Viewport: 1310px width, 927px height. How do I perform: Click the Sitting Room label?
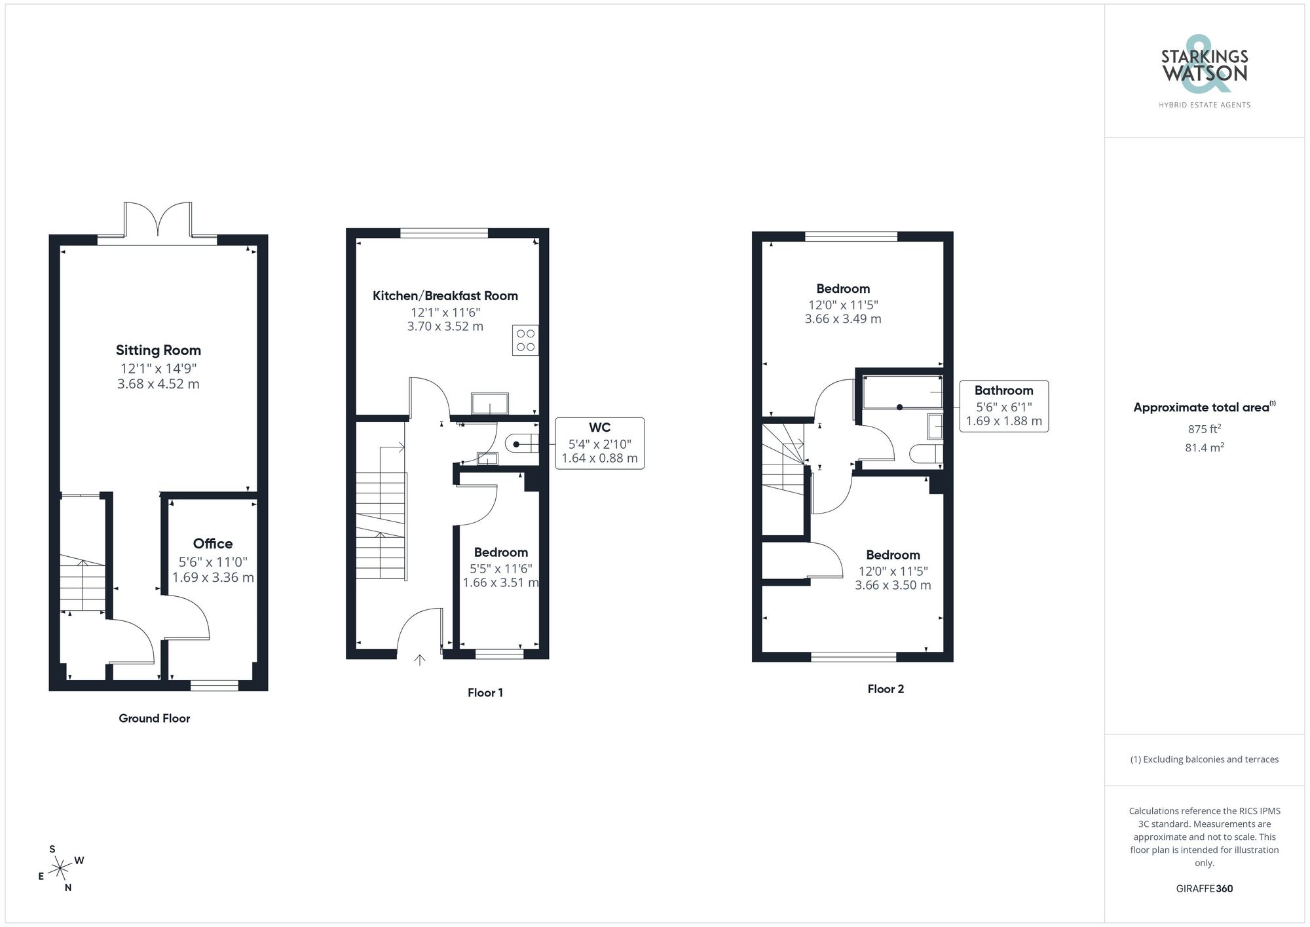coord(158,350)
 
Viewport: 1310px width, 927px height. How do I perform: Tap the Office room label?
coord(212,543)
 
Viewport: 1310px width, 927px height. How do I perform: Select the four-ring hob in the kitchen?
coord(525,340)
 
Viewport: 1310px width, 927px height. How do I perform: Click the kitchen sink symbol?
coord(489,404)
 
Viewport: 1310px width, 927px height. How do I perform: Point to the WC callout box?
coord(599,443)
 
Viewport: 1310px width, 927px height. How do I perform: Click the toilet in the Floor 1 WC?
coord(522,444)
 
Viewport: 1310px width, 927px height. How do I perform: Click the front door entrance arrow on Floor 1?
coord(420,659)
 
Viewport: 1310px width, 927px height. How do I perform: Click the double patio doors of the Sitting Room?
coord(158,219)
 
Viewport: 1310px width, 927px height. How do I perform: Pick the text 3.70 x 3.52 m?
coord(445,326)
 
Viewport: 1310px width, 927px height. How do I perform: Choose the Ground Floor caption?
coord(154,718)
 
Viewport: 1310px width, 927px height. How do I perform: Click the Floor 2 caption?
coord(886,689)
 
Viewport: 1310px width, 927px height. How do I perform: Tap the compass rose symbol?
coord(60,869)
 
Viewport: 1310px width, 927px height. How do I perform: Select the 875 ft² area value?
coord(1204,429)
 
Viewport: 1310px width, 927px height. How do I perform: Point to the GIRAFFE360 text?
coord(1204,888)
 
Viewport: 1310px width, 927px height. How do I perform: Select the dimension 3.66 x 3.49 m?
coord(842,319)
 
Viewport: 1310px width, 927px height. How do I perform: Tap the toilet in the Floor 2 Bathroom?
coord(926,453)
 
